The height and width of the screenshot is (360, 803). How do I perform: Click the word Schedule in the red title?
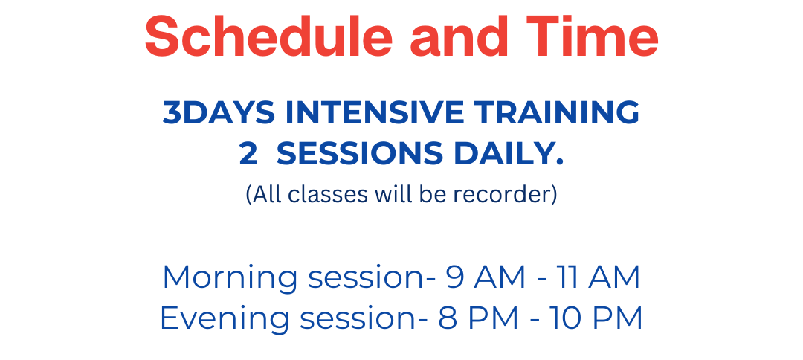[x=269, y=36]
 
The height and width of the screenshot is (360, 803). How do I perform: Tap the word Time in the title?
[x=593, y=36]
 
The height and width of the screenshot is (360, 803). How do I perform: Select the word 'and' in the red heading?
[x=459, y=36]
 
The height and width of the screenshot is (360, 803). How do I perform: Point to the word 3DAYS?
[x=219, y=112]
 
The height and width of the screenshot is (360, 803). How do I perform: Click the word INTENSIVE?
[x=375, y=112]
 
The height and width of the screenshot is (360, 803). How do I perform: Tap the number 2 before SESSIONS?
[x=248, y=154]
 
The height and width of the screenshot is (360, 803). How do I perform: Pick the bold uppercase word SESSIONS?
[x=360, y=154]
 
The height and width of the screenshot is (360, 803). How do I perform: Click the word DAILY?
[x=509, y=154]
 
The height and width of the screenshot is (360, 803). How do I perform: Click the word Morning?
[x=230, y=277]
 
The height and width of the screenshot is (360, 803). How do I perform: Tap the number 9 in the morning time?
[x=455, y=277]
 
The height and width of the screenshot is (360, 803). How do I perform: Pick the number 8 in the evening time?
[x=447, y=318]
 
